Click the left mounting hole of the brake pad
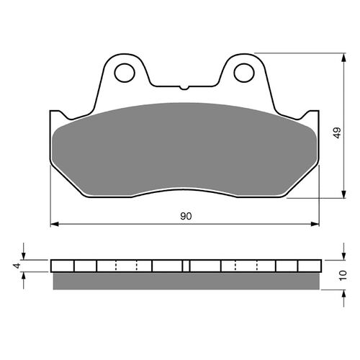[x=124, y=72]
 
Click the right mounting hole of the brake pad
[x=245, y=72]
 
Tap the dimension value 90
[x=186, y=216]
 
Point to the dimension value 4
[x=15, y=266]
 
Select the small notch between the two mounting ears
[x=184, y=89]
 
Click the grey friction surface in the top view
[x=184, y=148]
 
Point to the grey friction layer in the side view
[x=184, y=281]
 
